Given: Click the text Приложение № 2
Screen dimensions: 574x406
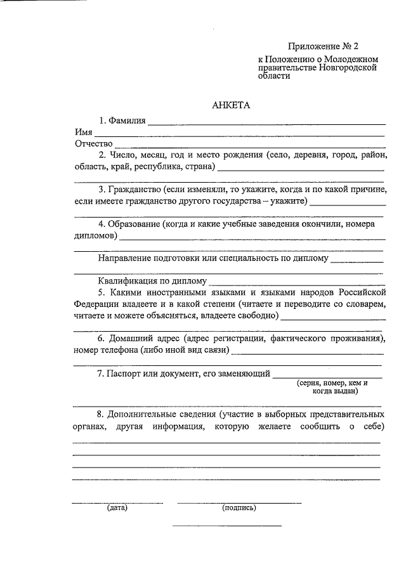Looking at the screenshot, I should tap(323, 46).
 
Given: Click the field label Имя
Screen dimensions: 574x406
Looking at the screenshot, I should tap(82, 132).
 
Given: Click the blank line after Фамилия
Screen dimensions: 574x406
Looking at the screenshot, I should tap(266, 123).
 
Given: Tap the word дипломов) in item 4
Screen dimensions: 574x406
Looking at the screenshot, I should tap(95, 236).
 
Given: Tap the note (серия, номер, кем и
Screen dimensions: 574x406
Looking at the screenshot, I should tap(332, 383).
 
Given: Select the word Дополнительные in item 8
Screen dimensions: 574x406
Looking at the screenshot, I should tap(158, 414).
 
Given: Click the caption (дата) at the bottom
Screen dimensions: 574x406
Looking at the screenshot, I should tap(117, 507).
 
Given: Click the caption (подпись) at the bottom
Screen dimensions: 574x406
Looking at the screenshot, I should tap(239, 507).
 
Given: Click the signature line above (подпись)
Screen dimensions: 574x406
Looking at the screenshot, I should tap(239, 502).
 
